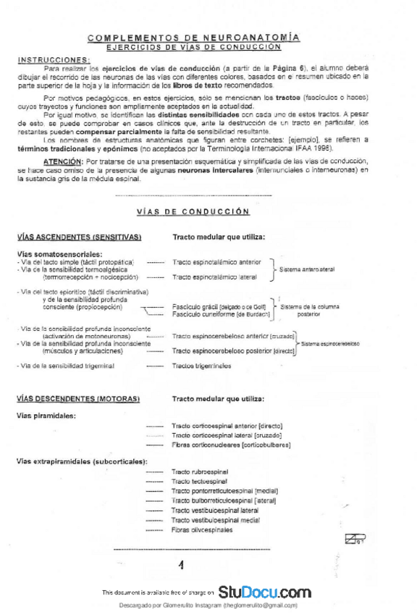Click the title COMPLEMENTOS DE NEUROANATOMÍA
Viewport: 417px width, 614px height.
point(193,37)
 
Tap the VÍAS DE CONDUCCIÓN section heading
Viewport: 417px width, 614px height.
point(193,211)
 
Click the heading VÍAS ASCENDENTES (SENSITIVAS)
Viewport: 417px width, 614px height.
point(78,237)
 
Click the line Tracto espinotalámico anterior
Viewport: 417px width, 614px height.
point(217,262)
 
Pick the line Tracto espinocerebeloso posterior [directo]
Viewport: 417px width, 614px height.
point(234,351)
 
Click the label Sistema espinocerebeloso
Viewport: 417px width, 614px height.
point(330,344)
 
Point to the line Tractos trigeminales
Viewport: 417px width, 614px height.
point(202,366)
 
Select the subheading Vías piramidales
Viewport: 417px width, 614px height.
point(46,416)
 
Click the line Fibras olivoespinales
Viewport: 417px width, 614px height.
point(202,530)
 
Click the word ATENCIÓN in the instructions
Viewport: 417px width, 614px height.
point(62,160)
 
